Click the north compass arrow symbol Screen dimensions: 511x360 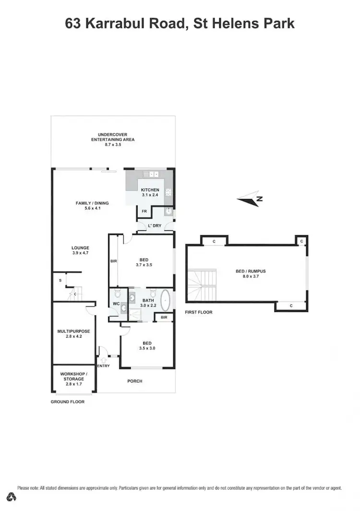[250, 198]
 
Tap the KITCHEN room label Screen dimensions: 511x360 [150, 190]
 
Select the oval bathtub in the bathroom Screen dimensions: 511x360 [165, 300]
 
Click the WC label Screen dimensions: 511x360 [116, 304]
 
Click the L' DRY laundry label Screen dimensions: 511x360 [155, 226]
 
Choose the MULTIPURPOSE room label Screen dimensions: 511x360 [73, 331]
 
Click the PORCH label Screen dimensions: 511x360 [134, 381]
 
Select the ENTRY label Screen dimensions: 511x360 [103, 366]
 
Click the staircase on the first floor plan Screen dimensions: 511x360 [203, 284]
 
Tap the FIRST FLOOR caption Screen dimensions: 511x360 [198, 312]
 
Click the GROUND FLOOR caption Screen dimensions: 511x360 [67, 401]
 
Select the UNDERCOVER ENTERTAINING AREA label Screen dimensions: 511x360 [113, 137]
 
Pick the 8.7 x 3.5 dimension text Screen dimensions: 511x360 [113, 144]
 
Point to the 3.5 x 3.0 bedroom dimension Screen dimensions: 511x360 [147, 349]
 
